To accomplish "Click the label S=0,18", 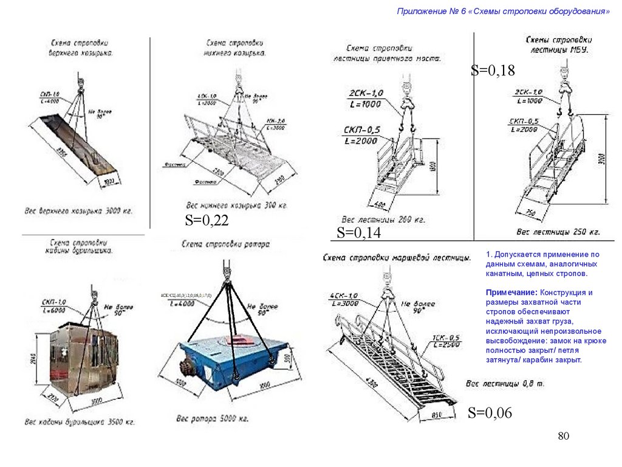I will pos(493,71).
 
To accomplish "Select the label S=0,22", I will pos(207,221).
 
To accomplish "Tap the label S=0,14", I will pos(358,232).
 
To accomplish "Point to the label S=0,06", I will pos(490,413).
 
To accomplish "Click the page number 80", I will pos(564,437).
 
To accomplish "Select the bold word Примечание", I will pos(507,292).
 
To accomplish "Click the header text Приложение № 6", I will pos(432,12).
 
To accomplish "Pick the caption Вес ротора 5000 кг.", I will pos(212,419).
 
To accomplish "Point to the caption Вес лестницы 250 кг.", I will pos(558,232).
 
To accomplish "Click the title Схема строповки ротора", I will pos(225,244).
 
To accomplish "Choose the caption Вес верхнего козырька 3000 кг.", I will pos(78,212).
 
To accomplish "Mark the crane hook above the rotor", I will pos(227,271).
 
